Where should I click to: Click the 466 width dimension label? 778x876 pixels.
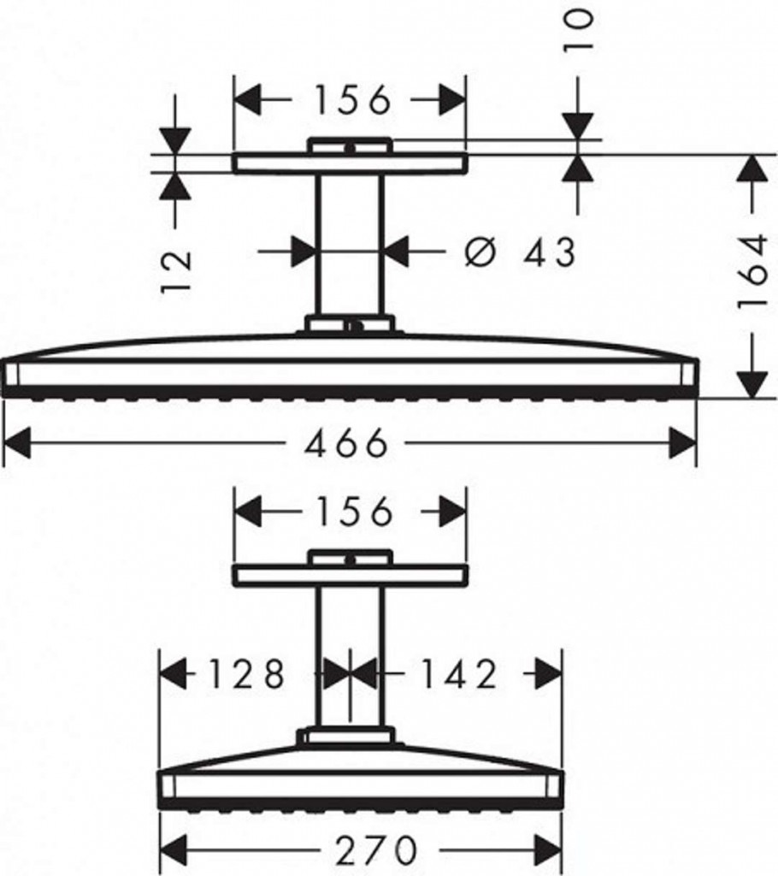pyautogui.click(x=345, y=443)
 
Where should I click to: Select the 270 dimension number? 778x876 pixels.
pyautogui.click(x=376, y=849)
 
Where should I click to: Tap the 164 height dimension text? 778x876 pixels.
pyautogui.click(x=753, y=273)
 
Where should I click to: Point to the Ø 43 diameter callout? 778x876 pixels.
pyautogui.click(x=520, y=252)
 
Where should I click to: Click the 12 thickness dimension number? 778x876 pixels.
pyautogui.click(x=176, y=272)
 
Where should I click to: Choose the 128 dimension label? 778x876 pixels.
pyautogui.click(x=247, y=674)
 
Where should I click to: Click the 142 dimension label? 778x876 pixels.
pyautogui.click(x=458, y=674)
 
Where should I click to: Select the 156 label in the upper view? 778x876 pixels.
pyautogui.click(x=351, y=100)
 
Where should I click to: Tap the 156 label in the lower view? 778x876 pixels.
pyautogui.click(x=354, y=512)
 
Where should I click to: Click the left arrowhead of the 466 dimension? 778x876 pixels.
pyautogui.click(x=17, y=443)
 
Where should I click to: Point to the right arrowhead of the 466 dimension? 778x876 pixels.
pyautogui.click(x=683, y=443)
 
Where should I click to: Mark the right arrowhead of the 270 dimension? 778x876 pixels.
pyautogui.click(x=548, y=851)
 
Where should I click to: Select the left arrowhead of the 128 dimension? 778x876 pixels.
pyautogui.click(x=174, y=674)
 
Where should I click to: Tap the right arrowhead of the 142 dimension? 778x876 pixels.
pyautogui.click(x=549, y=674)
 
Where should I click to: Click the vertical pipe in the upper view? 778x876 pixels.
pyautogui.click(x=350, y=245)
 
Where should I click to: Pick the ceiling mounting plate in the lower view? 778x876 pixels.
pyautogui.click(x=351, y=576)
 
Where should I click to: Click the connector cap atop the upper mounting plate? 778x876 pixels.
pyautogui.click(x=350, y=145)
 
